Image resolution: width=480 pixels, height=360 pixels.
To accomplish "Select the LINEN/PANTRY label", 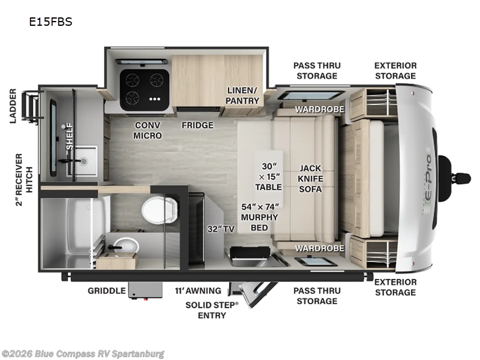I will click(242, 95).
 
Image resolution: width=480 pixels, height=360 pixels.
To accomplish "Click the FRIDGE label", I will click(197, 125).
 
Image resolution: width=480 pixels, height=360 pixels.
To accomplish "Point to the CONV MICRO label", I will click(147, 130).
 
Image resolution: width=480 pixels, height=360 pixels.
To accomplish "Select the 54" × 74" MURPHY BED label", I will click(260, 212).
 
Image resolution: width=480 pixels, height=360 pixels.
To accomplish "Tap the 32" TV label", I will click(221, 228).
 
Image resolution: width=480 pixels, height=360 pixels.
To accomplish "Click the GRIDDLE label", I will click(107, 290).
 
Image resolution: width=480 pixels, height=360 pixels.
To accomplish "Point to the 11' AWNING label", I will click(197, 290).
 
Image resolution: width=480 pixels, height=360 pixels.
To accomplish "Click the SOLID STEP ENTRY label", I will click(212, 310).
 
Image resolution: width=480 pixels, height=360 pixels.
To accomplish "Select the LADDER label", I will click(13, 106).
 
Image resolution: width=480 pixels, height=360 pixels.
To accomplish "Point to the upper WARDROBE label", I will click(319, 109).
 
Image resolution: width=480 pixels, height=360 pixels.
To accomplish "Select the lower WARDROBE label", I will click(319, 248).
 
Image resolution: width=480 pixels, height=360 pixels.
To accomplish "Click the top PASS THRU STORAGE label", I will click(315, 70).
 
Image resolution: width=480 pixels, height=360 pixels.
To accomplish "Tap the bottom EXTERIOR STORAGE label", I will click(395, 287).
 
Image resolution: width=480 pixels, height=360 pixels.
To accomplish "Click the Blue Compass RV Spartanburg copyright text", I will click(83, 353).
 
